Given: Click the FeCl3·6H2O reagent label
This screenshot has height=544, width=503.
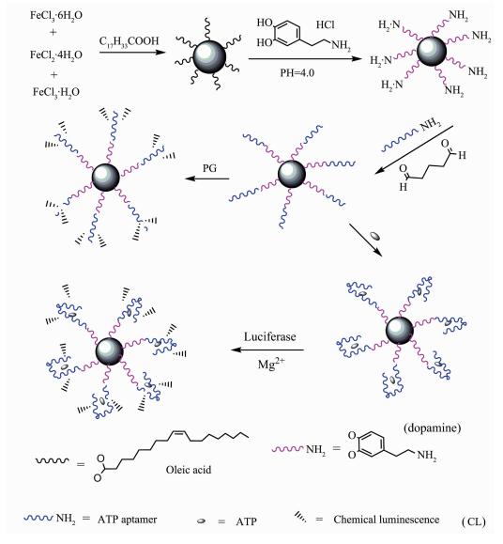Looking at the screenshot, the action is click(55, 16).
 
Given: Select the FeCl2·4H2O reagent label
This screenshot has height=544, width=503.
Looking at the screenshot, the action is click(55, 55).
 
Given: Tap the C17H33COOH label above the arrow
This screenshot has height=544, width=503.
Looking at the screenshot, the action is click(129, 41).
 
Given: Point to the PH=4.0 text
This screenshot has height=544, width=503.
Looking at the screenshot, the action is click(297, 72).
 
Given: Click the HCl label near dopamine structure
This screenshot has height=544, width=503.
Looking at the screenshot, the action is click(326, 25).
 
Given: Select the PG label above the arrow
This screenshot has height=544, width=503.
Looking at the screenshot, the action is click(209, 168).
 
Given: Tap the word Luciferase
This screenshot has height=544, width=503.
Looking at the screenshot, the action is click(270, 336).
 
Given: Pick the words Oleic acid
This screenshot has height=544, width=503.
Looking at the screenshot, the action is click(189, 470).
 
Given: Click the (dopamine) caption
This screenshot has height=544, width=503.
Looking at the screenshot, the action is click(432, 428).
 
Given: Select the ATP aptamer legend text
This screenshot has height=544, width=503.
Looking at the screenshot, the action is click(127, 520).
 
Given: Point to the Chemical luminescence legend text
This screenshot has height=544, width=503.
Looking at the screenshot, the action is click(387, 520).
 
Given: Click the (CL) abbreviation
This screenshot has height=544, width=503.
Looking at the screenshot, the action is click(474, 521).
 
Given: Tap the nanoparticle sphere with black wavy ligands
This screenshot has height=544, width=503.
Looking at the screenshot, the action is click(209, 57).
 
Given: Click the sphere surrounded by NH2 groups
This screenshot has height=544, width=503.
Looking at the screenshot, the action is click(432, 52).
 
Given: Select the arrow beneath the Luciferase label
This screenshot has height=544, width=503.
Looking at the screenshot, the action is click(267, 350).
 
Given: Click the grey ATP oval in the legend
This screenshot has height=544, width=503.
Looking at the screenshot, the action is click(201, 521).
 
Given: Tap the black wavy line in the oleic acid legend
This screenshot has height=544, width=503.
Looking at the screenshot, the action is click(53, 460).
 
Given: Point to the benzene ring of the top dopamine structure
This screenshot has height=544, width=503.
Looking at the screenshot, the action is click(287, 33).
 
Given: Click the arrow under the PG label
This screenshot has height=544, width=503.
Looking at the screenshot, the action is click(207, 179).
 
